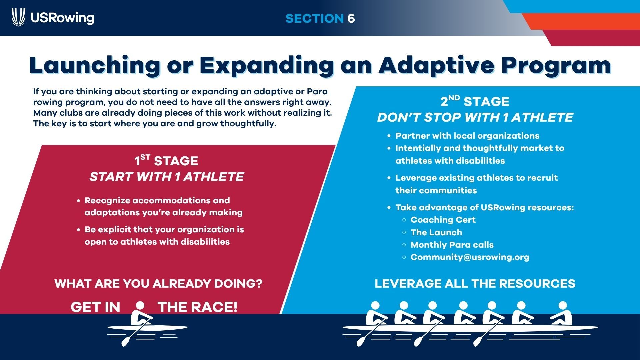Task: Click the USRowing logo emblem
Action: coord(18,17)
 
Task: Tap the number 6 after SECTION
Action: coord(351,18)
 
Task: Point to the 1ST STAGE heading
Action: coord(166,161)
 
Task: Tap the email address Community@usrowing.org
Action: coord(470,257)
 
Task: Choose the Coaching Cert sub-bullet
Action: coord(443,220)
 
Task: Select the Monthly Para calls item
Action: coord(452,245)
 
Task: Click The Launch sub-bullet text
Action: coord(436,232)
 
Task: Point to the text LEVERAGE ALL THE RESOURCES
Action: coord(475,284)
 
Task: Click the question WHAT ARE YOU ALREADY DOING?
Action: coord(158,284)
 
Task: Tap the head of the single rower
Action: coord(140,306)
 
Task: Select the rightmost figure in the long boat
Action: coord(562,313)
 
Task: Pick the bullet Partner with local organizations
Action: coord(467,136)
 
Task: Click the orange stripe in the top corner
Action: coord(582,21)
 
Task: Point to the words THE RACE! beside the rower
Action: coord(198,307)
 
